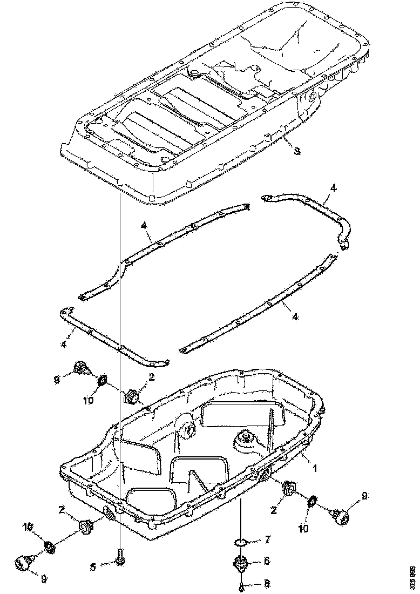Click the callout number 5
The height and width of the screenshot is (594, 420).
[93, 566]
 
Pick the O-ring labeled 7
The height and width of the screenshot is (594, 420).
[241, 542]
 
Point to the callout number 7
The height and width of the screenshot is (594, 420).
[267, 539]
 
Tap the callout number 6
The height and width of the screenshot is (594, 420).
[267, 562]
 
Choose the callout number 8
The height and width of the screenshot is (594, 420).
[267, 584]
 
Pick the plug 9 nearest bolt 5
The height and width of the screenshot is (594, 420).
[24, 563]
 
